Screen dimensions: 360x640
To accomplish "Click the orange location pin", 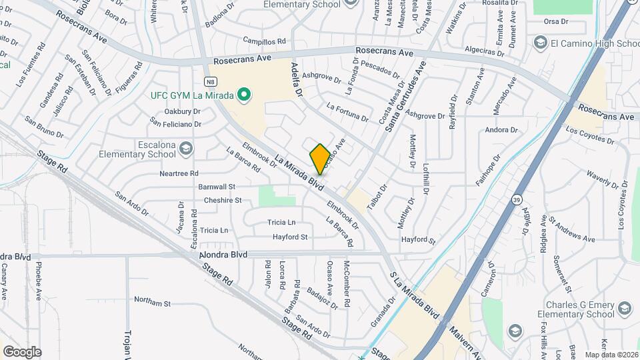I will pyautogui.click(x=320, y=159).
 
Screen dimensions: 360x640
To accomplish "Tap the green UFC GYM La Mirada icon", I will pyautogui.click(x=244, y=95).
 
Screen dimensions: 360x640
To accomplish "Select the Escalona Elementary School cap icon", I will pyautogui.click(x=187, y=148).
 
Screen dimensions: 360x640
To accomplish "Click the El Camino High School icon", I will pyautogui.click(x=540, y=43).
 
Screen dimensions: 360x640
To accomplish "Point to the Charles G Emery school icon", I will pyautogui.click(x=624, y=308).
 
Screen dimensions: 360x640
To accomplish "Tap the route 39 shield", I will pyautogui.click(x=517, y=199).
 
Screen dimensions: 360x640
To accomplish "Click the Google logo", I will pyautogui.click(x=22, y=351).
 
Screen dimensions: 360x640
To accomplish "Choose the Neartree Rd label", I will pyautogui.click(x=179, y=173).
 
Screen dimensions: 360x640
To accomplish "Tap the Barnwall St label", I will pyautogui.click(x=217, y=187).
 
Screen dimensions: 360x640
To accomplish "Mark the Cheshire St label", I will pyautogui.click(x=223, y=200).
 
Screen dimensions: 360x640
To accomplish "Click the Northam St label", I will pyautogui.click(x=152, y=303).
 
